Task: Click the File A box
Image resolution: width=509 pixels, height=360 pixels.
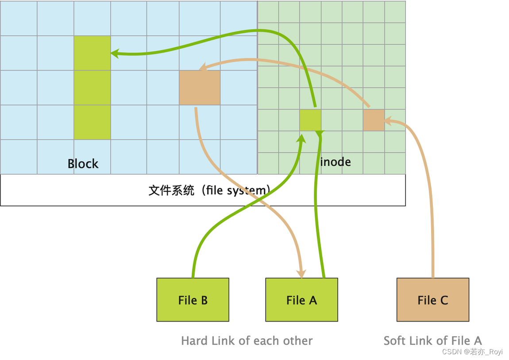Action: (301, 300)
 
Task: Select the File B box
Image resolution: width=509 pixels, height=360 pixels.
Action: (193, 300)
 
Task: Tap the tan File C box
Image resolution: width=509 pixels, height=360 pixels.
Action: (432, 300)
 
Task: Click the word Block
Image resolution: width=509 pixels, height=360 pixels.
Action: (83, 164)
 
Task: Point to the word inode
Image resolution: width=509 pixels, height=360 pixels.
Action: (335, 162)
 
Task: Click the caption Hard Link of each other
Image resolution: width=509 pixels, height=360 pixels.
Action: (247, 341)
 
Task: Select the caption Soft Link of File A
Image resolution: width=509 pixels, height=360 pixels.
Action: (432, 341)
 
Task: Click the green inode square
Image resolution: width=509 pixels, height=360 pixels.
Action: (310, 120)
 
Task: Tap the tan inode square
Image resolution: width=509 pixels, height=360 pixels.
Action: (374, 120)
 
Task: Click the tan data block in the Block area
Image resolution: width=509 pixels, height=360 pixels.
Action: (200, 88)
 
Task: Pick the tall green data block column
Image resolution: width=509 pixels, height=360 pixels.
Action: (92, 88)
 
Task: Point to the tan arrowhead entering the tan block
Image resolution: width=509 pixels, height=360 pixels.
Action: (204, 67)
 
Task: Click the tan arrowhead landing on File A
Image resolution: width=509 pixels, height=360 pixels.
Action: (301, 274)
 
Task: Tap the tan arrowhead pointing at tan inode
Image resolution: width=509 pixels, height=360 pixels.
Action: (388, 120)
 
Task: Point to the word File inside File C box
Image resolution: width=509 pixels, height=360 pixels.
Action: (427, 300)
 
